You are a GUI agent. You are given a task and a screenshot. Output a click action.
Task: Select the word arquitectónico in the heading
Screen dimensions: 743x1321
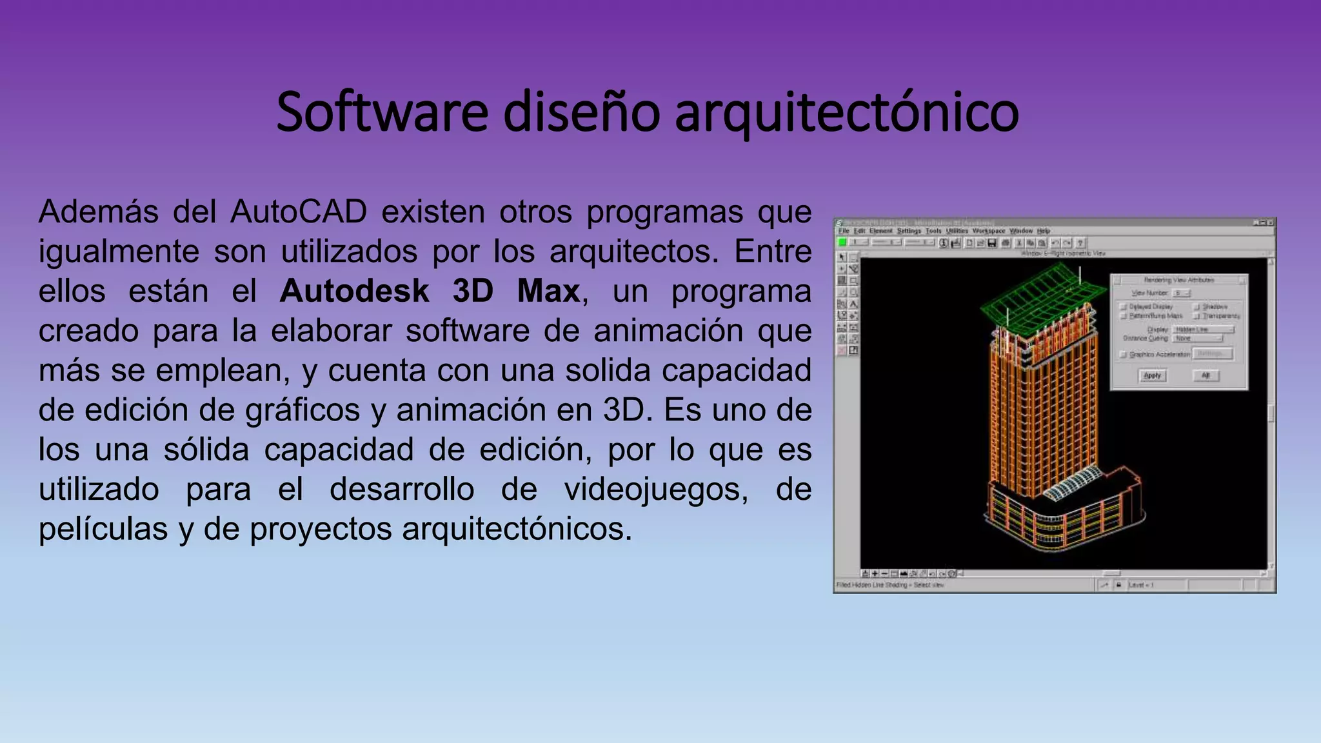click(846, 112)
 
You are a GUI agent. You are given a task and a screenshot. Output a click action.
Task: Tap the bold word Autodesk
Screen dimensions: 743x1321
click(354, 291)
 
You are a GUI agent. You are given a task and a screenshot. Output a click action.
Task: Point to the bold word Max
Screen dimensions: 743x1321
click(548, 291)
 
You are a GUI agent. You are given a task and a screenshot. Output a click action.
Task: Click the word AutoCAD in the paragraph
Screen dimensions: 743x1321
click(299, 212)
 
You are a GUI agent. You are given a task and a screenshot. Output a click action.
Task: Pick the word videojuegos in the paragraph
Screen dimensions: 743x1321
click(656, 489)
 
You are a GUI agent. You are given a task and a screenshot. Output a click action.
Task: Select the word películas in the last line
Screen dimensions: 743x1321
click(103, 529)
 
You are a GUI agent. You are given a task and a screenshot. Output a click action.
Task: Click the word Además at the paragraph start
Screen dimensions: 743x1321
click(98, 212)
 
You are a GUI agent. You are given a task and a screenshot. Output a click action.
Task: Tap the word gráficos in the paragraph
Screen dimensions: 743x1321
click(303, 410)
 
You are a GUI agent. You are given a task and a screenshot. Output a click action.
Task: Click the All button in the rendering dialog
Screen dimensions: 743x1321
click(1206, 375)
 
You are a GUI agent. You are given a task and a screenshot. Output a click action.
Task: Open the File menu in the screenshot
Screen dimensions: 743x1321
click(844, 231)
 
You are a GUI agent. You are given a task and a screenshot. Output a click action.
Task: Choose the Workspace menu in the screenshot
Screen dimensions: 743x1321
click(988, 231)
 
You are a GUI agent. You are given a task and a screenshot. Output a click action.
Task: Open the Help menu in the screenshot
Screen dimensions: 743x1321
click(1044, 231)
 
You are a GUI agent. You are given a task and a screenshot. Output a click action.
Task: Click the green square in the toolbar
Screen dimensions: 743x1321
click(842, 243)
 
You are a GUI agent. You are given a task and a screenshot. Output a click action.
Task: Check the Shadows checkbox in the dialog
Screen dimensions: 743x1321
click(1197, 307)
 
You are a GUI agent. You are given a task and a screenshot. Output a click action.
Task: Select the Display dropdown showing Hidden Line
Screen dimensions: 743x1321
click(1204, 330)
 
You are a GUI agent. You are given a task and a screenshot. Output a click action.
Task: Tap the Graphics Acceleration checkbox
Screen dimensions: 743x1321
click(1123, 354)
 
